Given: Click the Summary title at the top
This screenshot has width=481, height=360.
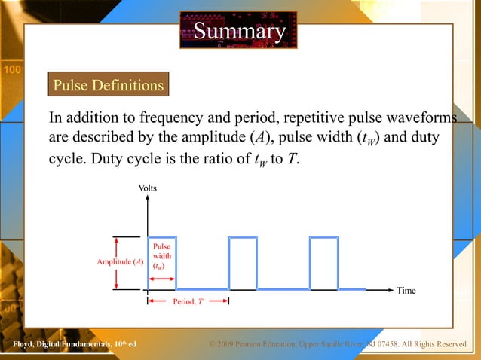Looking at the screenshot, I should coord(240,31).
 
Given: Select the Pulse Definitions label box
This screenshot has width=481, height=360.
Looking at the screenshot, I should coord(108,85).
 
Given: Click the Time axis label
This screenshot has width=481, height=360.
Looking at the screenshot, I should coord(406,291).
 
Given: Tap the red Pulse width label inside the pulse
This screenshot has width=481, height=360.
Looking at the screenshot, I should coord(161,256).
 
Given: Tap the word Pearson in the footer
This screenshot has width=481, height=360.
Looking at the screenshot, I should coord(256,345).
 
